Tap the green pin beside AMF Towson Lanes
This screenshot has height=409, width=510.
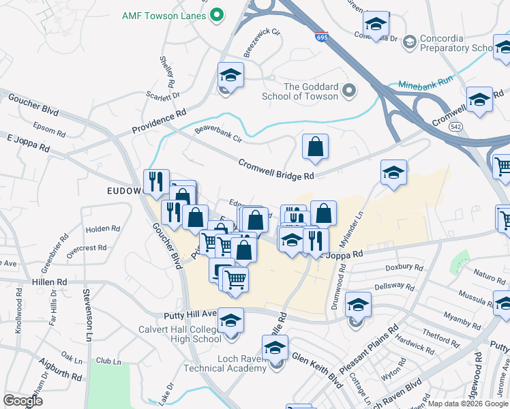point(217,14)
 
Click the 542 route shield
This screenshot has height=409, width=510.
point(475,127)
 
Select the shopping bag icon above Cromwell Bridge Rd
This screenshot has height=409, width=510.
point(315,147)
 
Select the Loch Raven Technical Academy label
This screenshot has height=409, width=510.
point(224,363)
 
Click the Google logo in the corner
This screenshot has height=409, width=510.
point(22,401)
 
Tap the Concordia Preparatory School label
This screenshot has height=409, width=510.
point(456,44)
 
